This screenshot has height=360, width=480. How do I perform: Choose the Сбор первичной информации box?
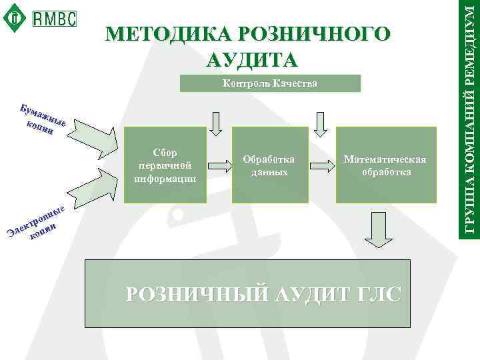point(165,165)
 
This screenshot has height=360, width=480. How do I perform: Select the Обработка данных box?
point(269,165)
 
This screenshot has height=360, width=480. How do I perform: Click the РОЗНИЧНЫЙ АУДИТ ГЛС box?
point(264,293)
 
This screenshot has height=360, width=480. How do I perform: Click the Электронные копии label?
point(38,223)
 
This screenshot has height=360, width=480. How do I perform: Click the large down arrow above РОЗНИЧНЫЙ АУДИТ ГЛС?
point(378,231)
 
